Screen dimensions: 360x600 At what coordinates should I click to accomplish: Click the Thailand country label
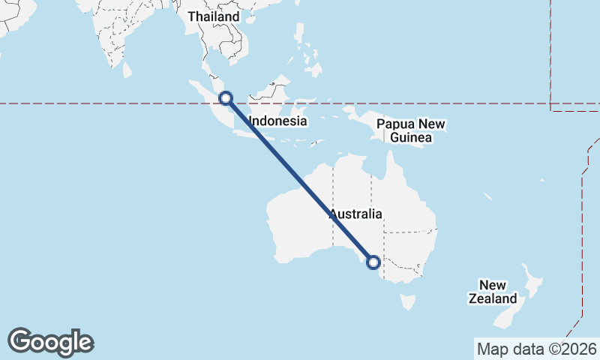coord(214,16)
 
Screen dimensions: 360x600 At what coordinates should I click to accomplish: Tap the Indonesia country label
coord(277,121)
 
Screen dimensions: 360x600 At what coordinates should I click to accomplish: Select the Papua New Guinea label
coord(411,130)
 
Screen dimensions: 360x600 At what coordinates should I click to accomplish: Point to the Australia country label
coord(356,214)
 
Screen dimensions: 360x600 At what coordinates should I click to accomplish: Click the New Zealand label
coord(493,292)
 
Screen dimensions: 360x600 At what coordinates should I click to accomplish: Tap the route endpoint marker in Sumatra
coord(225,97)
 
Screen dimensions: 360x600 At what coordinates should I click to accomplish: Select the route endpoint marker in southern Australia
coord(373,262)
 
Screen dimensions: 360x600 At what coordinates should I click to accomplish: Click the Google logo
coord(50,342)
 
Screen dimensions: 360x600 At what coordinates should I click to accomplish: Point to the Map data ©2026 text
coord(537,349)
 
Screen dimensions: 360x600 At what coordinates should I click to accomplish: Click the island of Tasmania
coord(407,301)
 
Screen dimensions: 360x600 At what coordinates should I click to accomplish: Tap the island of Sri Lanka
coord(127,70)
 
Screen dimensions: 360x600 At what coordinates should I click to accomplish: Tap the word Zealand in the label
coord(493,298)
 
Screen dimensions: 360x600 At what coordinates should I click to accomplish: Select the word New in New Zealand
coord(493,285)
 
